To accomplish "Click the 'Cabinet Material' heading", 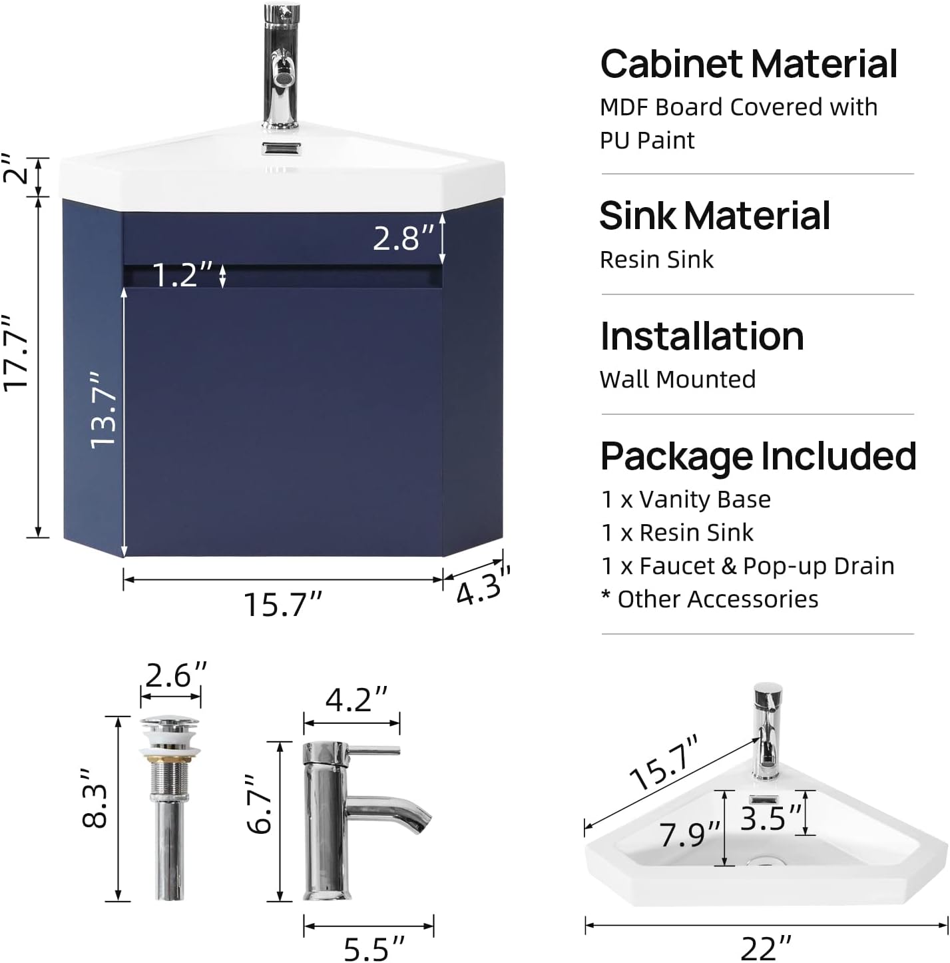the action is point(748,64).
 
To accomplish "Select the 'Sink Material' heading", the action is point(714,215).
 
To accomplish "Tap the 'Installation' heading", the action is point(702,336).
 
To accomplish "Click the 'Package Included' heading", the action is point(758,458).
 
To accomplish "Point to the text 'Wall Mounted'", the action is point(678,380).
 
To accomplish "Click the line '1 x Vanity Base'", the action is point(686,499).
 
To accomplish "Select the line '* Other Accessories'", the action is point(710,599).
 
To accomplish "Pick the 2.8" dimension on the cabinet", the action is point(403,238).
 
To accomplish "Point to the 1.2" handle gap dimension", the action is point(182,274).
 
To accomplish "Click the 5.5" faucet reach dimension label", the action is point(373,948).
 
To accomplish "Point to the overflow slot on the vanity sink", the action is point(282,149).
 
